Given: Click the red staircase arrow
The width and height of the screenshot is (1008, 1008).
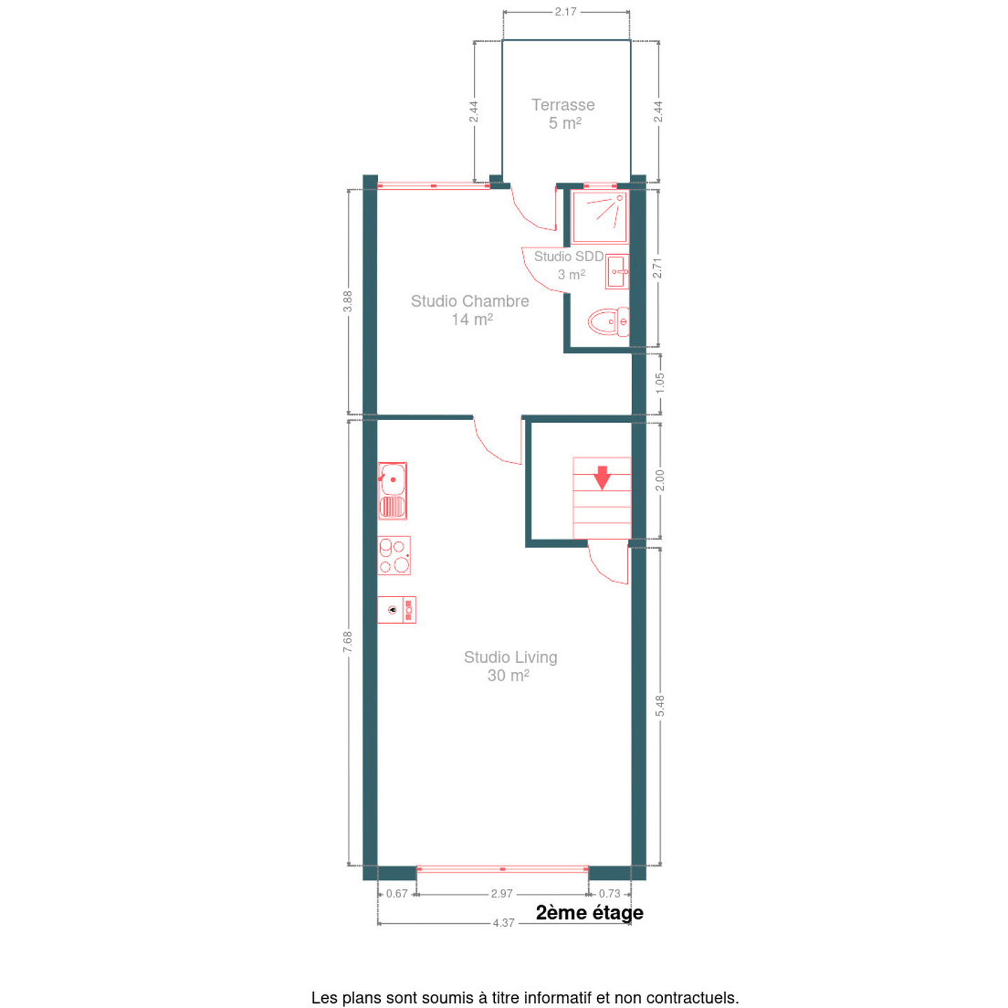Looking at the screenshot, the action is pos(603,477).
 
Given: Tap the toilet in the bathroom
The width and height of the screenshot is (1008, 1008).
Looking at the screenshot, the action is pos(608,322).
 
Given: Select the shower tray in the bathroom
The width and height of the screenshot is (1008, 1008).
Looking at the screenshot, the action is pos(599,218).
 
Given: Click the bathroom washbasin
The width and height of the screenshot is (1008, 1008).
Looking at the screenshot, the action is pos(617,272).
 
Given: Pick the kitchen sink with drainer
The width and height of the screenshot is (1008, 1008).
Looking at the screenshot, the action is pos(392,491).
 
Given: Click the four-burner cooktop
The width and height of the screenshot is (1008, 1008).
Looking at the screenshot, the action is pos(394,556).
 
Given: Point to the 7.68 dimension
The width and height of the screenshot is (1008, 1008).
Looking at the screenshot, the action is pos(347,642).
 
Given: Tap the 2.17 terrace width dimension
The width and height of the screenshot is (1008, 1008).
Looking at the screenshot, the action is pos(566,11).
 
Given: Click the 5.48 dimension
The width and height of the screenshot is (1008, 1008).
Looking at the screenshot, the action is pos(660,706).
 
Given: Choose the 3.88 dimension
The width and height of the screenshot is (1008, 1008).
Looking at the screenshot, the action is pos(347,302).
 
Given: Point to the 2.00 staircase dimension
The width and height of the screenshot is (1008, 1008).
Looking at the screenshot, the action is pos(660,480).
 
